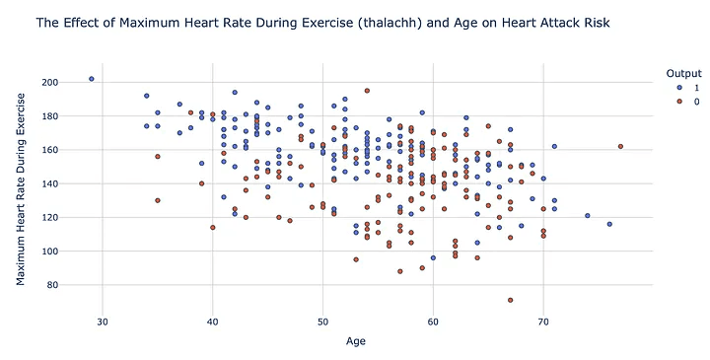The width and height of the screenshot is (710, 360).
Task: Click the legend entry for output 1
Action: click(x=682, y=88)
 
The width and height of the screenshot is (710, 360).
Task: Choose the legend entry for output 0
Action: click(x=682, y=103)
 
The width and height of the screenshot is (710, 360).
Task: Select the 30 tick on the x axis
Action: click(x=103, y=322)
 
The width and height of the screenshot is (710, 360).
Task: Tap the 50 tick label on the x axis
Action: click(x=322, y=322)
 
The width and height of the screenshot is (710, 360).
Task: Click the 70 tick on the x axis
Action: click(x=543, y=322)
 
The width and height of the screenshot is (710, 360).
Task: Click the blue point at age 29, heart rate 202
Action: click(x=92, y=79)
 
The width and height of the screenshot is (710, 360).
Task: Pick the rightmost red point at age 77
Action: click(x=620, y=146)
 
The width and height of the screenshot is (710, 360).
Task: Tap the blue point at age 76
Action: click(x=609, y=224)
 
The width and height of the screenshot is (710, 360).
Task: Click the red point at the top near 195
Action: click(x=367, y=91)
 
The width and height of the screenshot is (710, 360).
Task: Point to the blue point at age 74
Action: click(x=588, y=216)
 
